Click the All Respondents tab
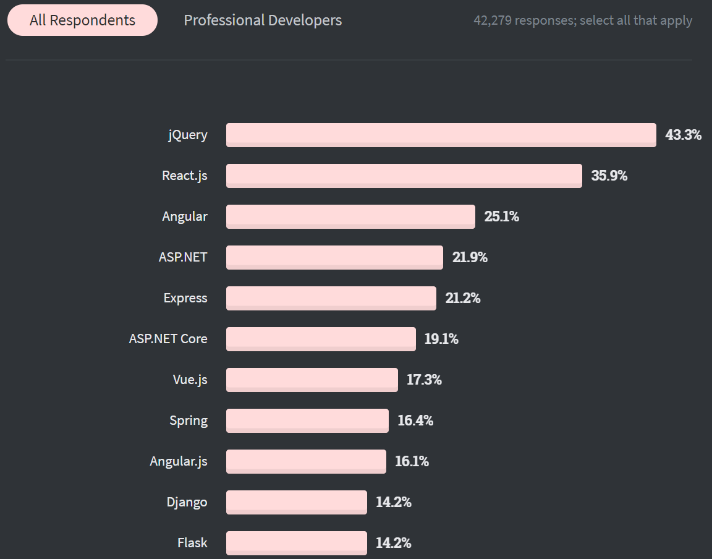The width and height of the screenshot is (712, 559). tap(82, 20)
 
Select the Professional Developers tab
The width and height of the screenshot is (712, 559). tap(263, 20)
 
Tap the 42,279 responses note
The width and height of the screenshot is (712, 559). tap(583, 20)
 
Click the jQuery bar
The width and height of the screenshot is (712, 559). tap(441, 135)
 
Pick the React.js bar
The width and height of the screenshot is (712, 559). tap(404, 176)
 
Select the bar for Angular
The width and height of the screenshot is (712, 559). tap(350, 216)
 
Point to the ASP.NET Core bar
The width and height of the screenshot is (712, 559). tap(321, 339)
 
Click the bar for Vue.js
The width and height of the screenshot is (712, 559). tap(311, 380)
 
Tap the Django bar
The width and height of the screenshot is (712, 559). tap(296, 502)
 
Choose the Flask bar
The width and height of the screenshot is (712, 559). tap(296, 543)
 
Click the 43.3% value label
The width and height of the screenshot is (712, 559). tap(683, 135)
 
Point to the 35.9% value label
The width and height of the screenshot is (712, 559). tap(609, 176)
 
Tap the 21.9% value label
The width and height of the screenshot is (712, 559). tap(470, 257)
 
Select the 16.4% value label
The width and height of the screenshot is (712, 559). tap(415, 420)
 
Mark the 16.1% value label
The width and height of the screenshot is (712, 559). tap(412, 461)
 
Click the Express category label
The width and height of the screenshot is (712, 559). tap(185, 298)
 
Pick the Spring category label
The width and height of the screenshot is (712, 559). tap(189, 420)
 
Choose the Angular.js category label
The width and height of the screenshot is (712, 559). tap(179, 461)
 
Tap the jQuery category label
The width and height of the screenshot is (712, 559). tap(188, 135)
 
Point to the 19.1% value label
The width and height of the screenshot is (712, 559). tap(441, 339)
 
